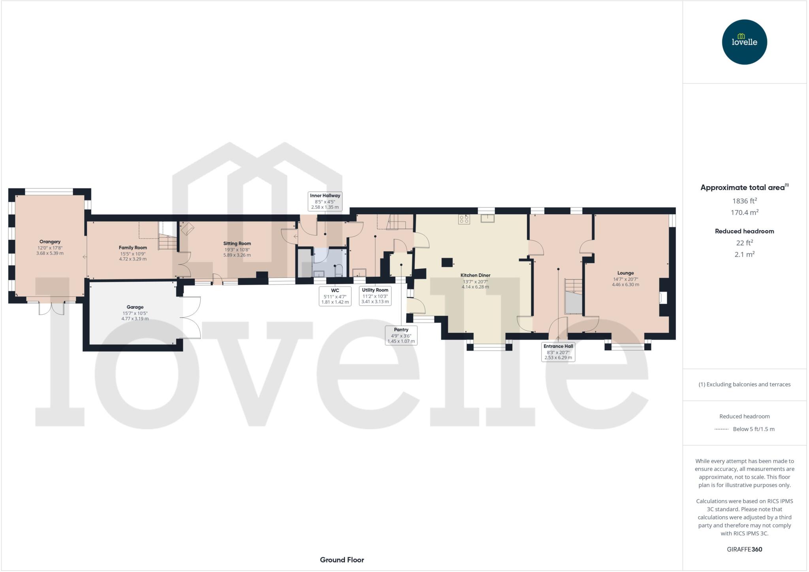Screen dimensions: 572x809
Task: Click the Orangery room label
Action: pyautogui.click(x=50, y=242)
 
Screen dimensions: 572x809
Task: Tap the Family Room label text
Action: pyautogui.click(x=133, y=248)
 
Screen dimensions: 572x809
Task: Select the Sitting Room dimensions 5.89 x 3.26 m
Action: pyautogui.click(x=237, y=255)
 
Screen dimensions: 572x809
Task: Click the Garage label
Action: pyautogui.click(x=135, y=307)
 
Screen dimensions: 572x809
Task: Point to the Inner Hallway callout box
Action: pyautogui.click(x=325, y=201)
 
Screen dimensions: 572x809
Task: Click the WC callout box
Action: pyautogui.click(x=335, y=296)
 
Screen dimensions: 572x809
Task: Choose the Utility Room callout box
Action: pyautogui.click(x=375, y=296)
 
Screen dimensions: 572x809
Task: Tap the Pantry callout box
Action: pyautogui.click(x=401, y=335)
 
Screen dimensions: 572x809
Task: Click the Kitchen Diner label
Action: pyautogui.click(x=475, y=275)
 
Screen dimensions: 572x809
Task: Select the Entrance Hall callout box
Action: pyautogui.click(x=558, y=351)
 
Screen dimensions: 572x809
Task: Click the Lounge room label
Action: pyautogui.click(x=625, y=273)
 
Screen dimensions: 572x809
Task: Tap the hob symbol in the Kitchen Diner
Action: pyautogui.click(x=464, y=219)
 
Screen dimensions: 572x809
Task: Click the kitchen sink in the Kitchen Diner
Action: pyautogui.click(x=487, y=218)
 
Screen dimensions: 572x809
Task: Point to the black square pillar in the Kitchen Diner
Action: pyautogui.click(x=447, y=262)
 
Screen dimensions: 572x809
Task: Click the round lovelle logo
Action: pyautogui.click(x=744, y=42)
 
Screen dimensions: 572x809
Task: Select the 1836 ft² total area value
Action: pyautogui.click(x=744, y=201)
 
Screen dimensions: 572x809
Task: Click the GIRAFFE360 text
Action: pyautogui.click(x=744, y=549)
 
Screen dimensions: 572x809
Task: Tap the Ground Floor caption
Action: pyautogui.click(x=342, y=560)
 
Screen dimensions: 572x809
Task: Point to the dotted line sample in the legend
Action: pyautogui.click(x=721, y=429)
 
